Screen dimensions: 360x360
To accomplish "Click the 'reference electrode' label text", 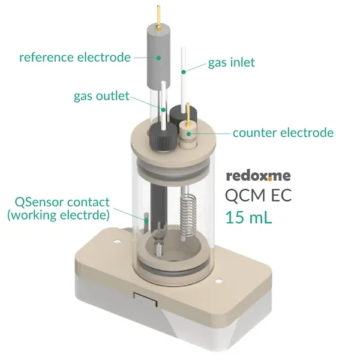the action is [x=75, y=57].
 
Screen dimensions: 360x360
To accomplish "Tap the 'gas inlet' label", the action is [x=232, y=62].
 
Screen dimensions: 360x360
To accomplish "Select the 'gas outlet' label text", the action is [x=101, y=96].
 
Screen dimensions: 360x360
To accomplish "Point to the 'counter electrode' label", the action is [x=283, y=133].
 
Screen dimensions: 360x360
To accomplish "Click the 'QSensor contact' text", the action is [x=62, y=202].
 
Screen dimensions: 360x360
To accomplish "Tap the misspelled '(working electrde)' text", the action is [x=59, y=215].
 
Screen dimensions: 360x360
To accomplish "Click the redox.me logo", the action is [x=259, y=176].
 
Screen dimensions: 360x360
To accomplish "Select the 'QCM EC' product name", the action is [x=258, y=196].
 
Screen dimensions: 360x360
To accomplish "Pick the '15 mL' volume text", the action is [x=248, y=217].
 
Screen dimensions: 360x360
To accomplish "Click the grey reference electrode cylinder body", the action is [x=158, y=57].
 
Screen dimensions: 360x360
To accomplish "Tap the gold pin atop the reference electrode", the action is [x=158, y=17].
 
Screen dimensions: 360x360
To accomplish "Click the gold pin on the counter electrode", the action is [x=188, y=114].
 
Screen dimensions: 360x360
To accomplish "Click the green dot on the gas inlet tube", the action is [x=184, y=72].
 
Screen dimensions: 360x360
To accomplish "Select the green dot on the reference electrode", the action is [x=158, y=58].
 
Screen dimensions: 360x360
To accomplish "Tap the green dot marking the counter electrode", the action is [x=189, y=134].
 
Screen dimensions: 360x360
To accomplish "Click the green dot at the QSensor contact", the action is [x=146, y=221].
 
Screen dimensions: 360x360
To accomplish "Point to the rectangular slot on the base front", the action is [x=146, y=299].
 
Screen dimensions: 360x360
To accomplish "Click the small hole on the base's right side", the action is [x=219, y=281].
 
